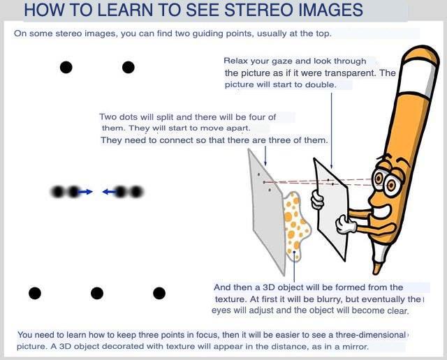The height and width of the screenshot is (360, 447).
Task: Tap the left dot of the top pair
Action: pos(66,68)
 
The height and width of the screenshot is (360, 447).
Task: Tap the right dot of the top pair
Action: pos(129,68)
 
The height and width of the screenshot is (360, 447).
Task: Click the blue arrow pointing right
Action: pos(85,192)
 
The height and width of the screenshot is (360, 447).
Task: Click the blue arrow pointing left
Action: pos(110,192)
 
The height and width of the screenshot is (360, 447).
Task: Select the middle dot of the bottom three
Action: pos(97,293)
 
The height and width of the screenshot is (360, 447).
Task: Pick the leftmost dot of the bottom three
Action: pos(35,293)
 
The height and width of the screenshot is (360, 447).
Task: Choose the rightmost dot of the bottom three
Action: pos(159,293)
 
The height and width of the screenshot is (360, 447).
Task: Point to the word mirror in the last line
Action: pos(355,347)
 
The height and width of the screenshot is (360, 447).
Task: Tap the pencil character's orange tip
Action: pos(377,268)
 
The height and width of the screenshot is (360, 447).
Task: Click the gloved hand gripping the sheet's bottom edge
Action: pos(346,224)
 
